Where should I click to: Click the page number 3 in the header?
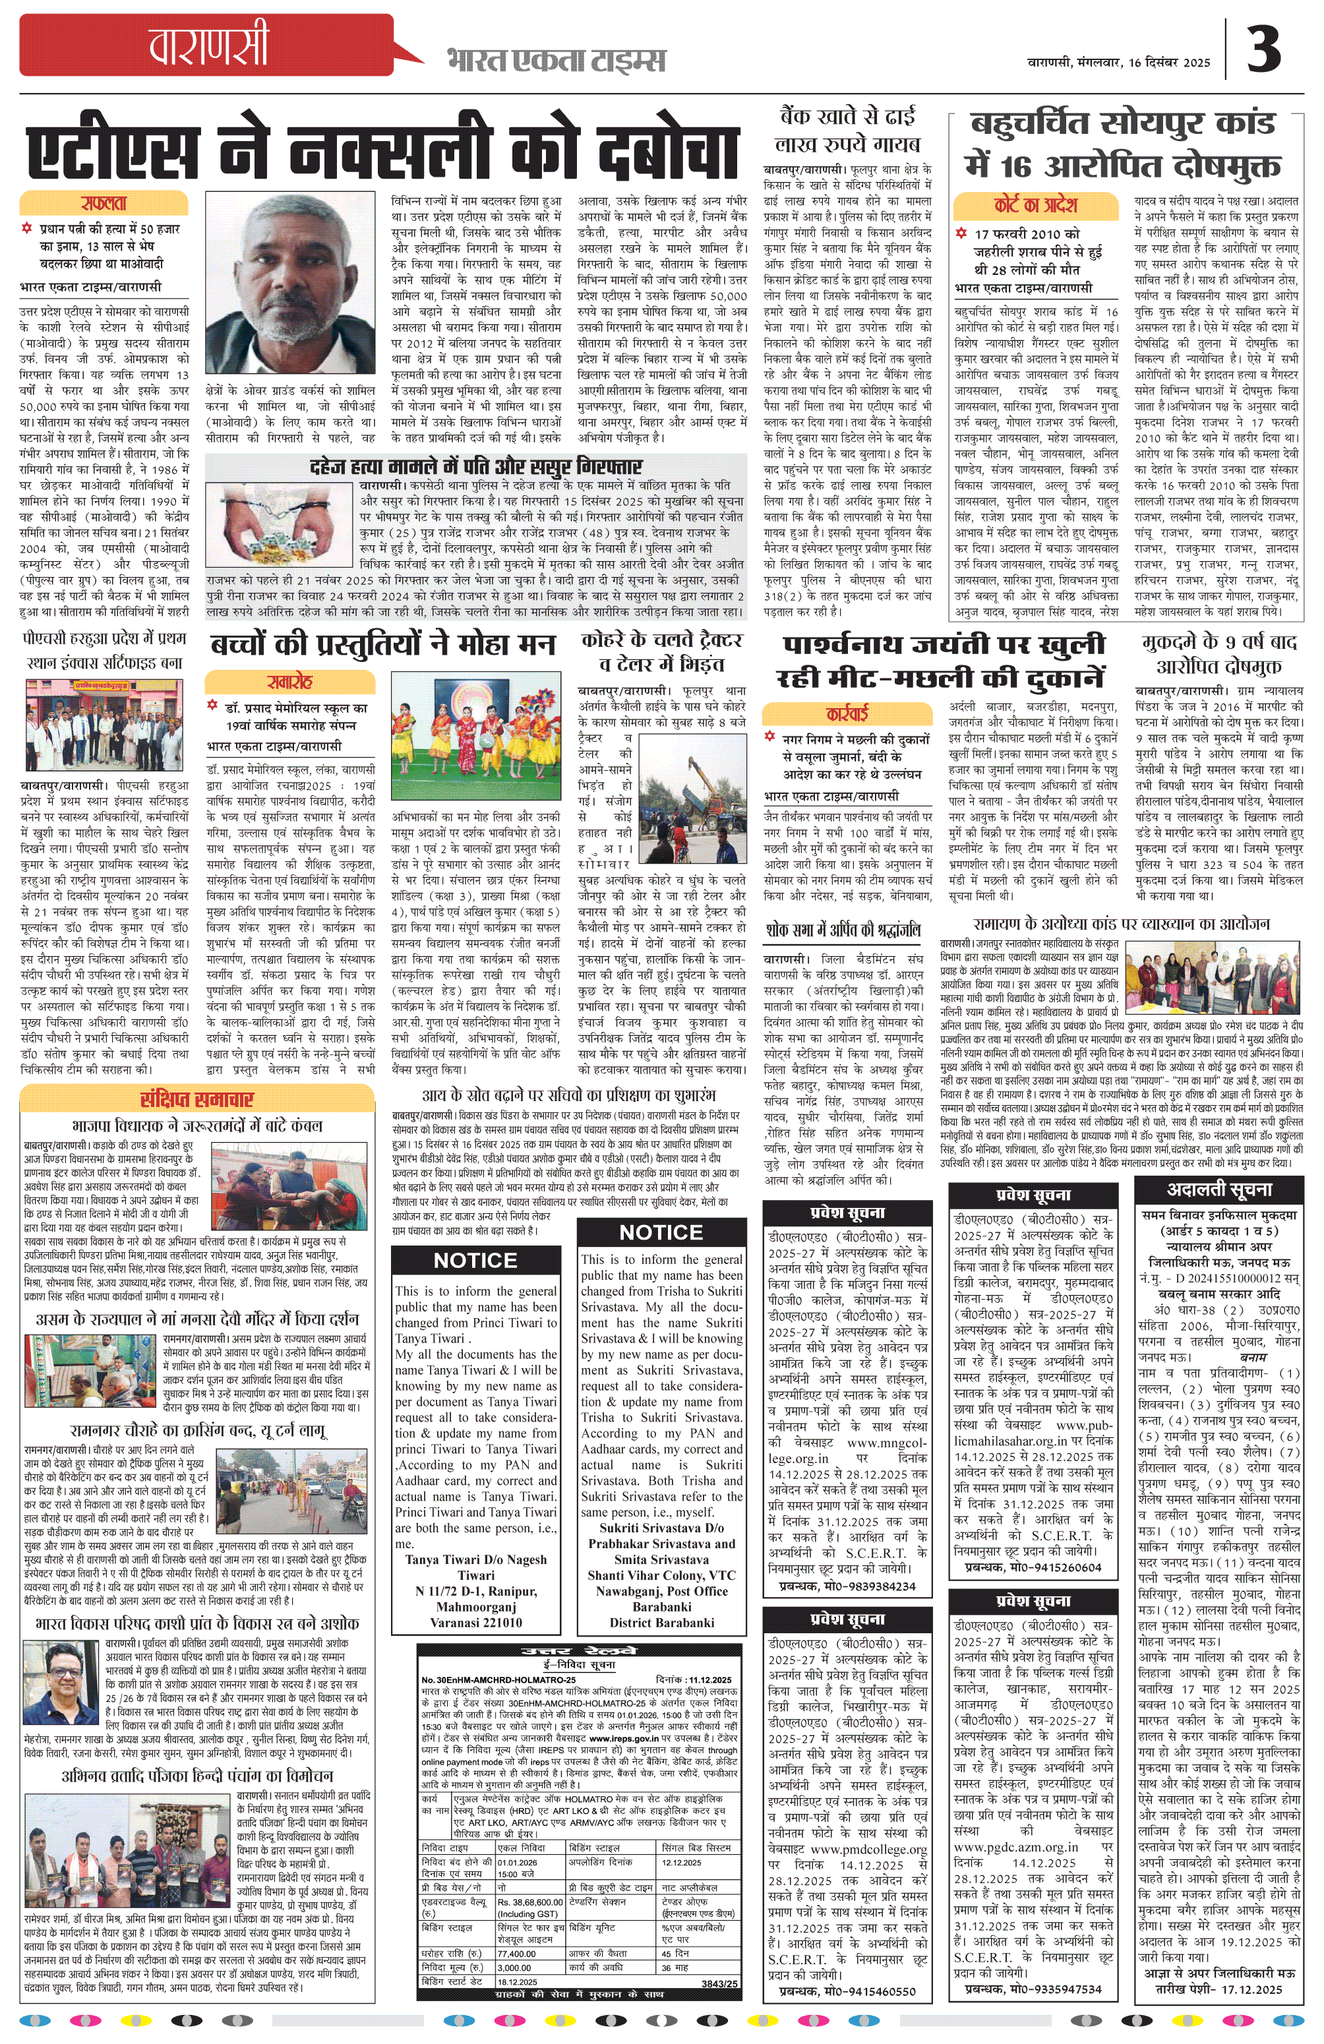click(1263, 50)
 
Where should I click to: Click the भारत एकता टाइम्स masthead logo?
click(556, 61)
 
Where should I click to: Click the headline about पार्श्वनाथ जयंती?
click(942, 659)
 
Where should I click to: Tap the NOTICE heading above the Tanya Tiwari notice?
click(475, 1261)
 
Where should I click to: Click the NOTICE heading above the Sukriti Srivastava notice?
click(661, 1232)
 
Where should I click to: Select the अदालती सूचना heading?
click(1219, 1189)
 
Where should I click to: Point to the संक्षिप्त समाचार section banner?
click(198, 1099)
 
